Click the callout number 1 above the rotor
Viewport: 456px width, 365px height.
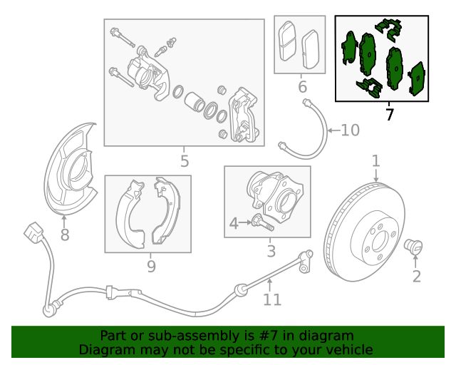[x=375, y=162]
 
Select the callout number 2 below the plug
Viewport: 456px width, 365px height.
[x=417, y=276]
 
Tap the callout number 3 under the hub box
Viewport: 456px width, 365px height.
[x=271, y=251]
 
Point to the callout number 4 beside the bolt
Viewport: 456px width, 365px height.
[x=234, y=225]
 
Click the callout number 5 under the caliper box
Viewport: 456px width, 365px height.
[x=185, y=161]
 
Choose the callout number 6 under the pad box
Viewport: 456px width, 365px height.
[x=302, y=88]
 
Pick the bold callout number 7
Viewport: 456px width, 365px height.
[x=389, y=114]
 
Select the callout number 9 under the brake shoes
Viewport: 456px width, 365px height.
[x=151, y=267]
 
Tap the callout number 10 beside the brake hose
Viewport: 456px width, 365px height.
[x=350, y=130]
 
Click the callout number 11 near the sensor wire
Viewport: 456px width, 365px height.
[x=272, y=300]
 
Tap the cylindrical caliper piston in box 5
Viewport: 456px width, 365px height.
[x=194, y=101]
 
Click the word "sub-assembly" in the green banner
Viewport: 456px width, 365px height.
[x=180, y=335]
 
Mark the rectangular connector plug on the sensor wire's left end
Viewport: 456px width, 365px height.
[x=33, y=234]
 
